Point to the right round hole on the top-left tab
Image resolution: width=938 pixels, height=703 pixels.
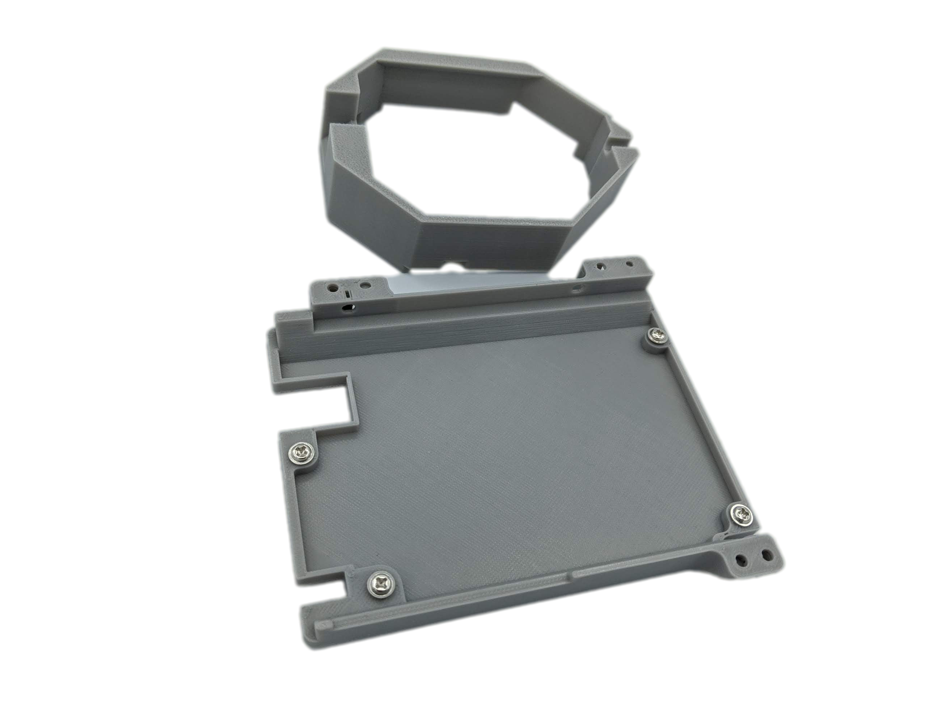(364, 284)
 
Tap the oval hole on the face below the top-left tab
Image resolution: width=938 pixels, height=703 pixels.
(348, 305)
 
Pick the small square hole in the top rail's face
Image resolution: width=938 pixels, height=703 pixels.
(576, 286)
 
